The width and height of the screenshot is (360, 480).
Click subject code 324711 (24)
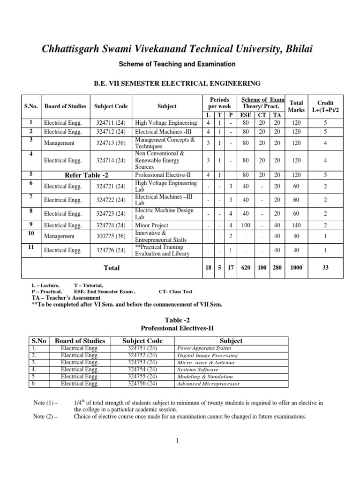pyautogui.click(x=111, y=123)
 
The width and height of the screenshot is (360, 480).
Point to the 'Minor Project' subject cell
pyautogui.click(x=151, y=225)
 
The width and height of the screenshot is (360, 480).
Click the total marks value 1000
pyautogui.click(x=296, y=268)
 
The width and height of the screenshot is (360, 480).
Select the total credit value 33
pyautogui.click(x=326, y=268)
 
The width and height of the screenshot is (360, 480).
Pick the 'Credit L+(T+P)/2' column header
pyautogui.click(x=326, y=106)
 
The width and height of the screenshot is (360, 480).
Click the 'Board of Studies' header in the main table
pyautogui.click(x=65, y=106)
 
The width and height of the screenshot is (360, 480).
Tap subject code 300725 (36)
pyautogui.click(x=111, y=236)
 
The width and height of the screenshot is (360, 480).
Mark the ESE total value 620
pyautogui.click(x=245, y=268)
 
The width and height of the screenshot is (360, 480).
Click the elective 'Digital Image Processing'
pyautogui.click(x=207, y=356)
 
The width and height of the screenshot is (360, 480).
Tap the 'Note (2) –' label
pyautogui.click(x=46, y=416)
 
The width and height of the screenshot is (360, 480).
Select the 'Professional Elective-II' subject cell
pyautogui.click(x=162, y=175)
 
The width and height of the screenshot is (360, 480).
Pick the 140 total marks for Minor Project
pyautogui.click(x=296, y=225)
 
